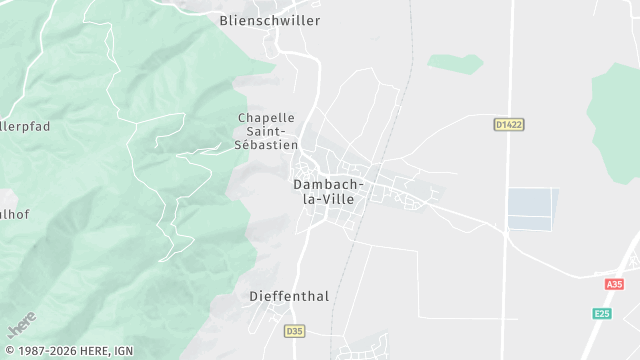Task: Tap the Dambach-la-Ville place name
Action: tap(329, 192)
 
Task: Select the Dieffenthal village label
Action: tap(288, 297)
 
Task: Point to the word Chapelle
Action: tap(266, 118)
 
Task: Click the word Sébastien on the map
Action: tap(266, 145)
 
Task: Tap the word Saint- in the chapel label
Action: tap(267, 131)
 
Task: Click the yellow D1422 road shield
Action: tap(509, 125)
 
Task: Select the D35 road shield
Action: tap(293, 331)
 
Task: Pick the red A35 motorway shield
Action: tap(614, 284)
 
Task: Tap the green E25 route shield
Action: tap(601, 313)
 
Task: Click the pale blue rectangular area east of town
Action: tap(530, 209)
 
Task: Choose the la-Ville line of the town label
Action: tap(329, 199)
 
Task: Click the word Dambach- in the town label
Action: tap(329, 185)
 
